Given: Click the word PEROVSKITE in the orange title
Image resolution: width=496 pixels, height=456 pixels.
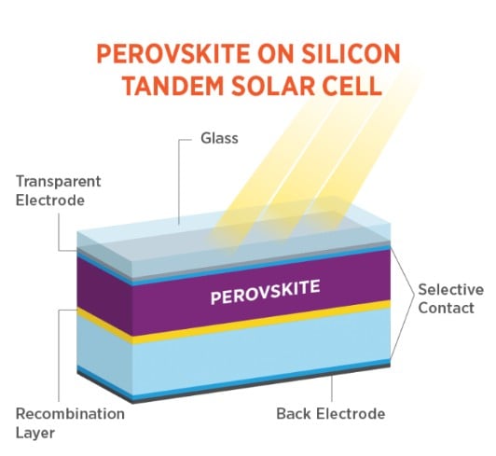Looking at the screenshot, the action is (x=173, y=54).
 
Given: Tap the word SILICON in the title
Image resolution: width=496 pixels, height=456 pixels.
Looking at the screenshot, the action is (x=351, y=54).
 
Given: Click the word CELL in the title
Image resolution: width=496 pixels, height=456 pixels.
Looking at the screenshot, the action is (x=352, y=86).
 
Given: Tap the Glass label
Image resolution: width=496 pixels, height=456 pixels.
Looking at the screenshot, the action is (x=219, y=138).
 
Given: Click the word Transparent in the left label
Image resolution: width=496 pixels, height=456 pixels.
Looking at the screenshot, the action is (x=59, y=182).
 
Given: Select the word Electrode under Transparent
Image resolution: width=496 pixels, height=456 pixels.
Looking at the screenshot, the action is (x=50, y=200).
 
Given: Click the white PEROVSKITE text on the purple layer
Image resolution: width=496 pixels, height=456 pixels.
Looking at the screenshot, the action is (x=265, y=293).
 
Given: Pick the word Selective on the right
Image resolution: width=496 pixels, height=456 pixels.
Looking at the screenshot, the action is (x=450, y=290).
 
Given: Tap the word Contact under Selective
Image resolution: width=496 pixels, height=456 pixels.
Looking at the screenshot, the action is (x=446, y=308).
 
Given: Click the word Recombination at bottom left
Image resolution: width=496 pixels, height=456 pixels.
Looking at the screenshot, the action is (x=70, y=414).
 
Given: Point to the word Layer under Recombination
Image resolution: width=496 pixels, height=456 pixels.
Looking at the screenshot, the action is (x=35, y=433).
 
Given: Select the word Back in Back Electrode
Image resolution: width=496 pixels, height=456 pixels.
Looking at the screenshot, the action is (x=295, y=414).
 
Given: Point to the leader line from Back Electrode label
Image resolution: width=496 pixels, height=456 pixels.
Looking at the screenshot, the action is (x=332, y=388).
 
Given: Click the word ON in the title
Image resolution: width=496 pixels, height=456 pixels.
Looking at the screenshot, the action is (x=275, y=54).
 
